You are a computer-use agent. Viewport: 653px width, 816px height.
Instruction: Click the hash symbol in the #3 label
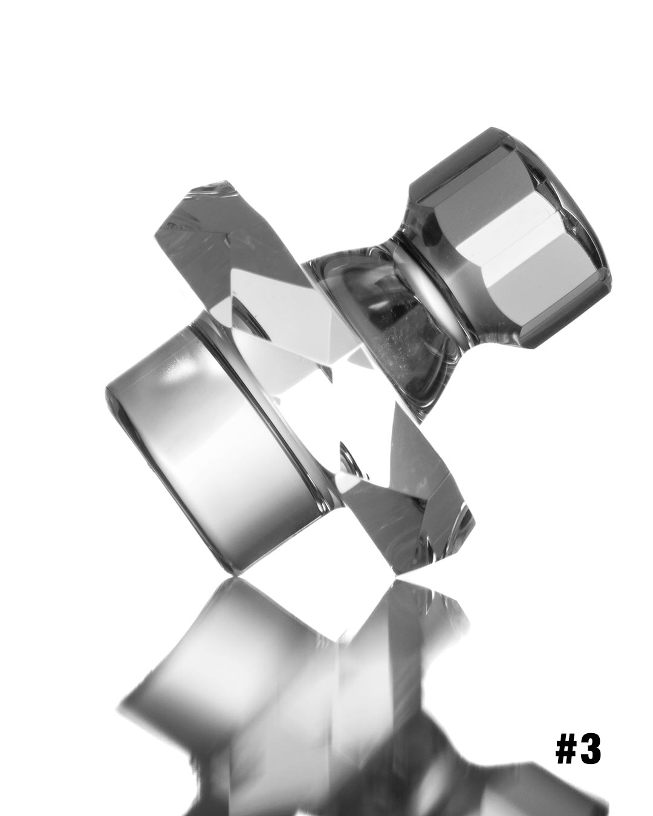tap(567, 749)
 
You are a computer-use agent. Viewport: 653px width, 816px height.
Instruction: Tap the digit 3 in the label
tap(591, 749)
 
